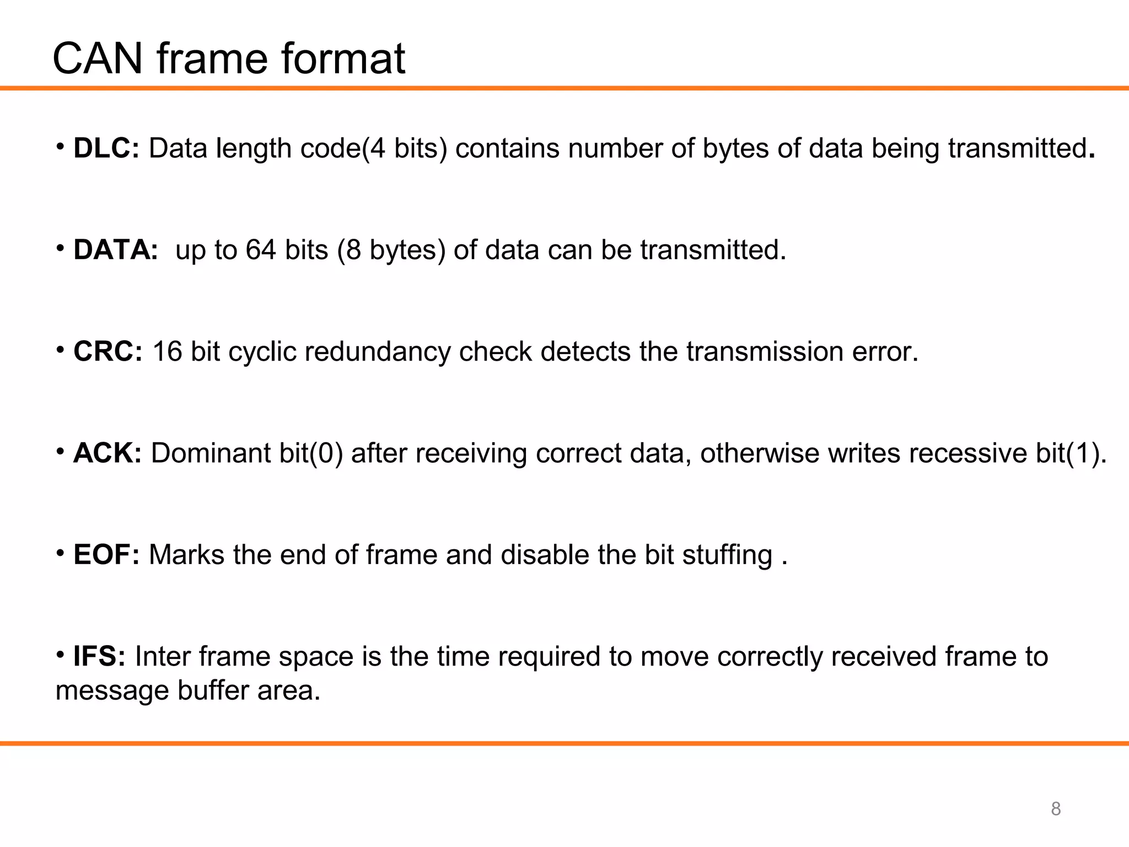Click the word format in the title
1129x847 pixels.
click(x=343, y=58)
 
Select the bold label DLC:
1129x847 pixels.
click(x=106, y=148)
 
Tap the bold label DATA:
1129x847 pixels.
click(x=116, y=250)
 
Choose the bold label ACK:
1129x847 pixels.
click(x=107, y=453)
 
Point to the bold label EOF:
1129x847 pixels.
click(x=106, y=555)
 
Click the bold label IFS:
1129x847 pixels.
click(x=99, y=656)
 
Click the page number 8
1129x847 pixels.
click(x=1056, y=809)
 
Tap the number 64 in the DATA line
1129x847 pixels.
click(x=260, y=250)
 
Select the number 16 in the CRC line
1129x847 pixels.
click(x=167, y=351)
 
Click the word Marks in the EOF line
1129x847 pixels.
click(x=186, y=555)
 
